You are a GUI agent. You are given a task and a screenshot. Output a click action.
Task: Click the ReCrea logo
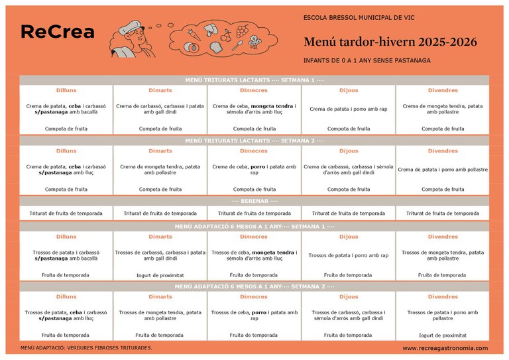[58, 32]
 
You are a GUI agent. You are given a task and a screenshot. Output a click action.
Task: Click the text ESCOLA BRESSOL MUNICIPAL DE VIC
[359, 17]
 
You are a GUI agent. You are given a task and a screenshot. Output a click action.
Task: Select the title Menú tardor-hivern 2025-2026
[390, 42]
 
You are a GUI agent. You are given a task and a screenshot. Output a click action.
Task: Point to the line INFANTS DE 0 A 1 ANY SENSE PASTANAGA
[367, 60]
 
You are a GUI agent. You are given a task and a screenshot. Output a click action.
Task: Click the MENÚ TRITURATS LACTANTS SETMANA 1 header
[254, 80]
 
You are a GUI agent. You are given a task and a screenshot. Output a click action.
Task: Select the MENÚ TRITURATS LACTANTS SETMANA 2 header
[254, 141]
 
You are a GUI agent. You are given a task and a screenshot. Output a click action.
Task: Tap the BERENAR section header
[254, 201]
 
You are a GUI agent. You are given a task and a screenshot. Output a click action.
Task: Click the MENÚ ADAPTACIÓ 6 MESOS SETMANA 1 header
[254, 226]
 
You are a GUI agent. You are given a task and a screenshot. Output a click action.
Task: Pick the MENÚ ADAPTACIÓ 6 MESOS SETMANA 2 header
[254, 286]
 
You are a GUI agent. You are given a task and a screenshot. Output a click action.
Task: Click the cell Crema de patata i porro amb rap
[348, 109]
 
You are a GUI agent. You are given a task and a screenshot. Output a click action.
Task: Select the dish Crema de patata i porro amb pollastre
[443, 170]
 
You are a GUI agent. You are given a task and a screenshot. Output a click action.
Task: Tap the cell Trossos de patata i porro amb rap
[348, 255]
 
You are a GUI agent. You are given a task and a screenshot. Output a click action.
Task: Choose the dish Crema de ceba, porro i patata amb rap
[254, 170]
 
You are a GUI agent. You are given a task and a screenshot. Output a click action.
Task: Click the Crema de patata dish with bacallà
[66, 109]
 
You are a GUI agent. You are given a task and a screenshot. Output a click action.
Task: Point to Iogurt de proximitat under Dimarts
[160, 274]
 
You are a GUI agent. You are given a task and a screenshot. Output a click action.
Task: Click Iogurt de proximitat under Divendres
[443, 335]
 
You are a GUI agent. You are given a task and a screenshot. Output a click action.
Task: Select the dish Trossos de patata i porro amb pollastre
[443, 315]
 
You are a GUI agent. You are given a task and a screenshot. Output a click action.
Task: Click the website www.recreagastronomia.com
[445, 348]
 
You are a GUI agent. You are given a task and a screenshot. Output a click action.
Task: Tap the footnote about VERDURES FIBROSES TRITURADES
[86, 347]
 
